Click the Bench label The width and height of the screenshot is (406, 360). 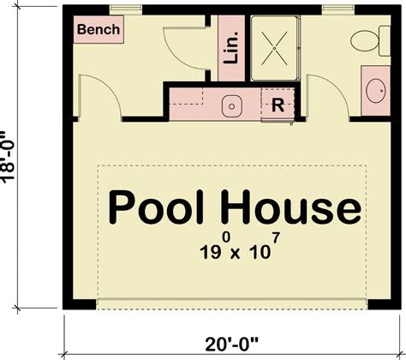coord(99,30)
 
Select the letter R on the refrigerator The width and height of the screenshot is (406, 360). coord(278,105)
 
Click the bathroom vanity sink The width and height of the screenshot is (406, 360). coord(375,88)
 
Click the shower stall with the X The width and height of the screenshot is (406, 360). coord(274,45)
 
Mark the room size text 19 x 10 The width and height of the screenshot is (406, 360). coord(232,250)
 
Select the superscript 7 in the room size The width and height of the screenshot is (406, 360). coord(276,238)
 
